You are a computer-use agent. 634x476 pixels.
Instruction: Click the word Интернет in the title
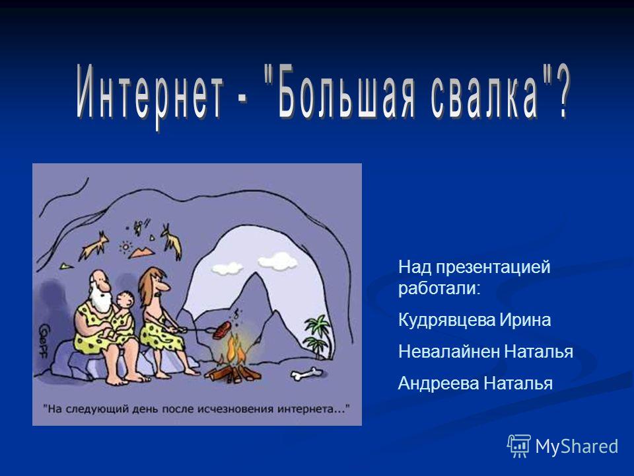pos(150,95)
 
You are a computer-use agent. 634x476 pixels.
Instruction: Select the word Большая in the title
pos(345,94)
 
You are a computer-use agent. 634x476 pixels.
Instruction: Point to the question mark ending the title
pos(561,93)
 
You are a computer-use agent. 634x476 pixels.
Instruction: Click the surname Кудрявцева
pos(447,320)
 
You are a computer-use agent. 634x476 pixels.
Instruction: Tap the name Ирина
pos(525,320)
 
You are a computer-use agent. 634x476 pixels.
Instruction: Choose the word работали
pos(439,288)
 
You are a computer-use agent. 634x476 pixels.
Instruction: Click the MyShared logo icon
pos(519,446)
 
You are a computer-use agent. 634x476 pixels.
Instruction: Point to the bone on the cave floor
pos(306,374)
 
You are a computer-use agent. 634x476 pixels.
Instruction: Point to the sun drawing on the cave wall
pos(125,247)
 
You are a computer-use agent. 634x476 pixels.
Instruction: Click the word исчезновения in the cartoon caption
pos(235,409)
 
